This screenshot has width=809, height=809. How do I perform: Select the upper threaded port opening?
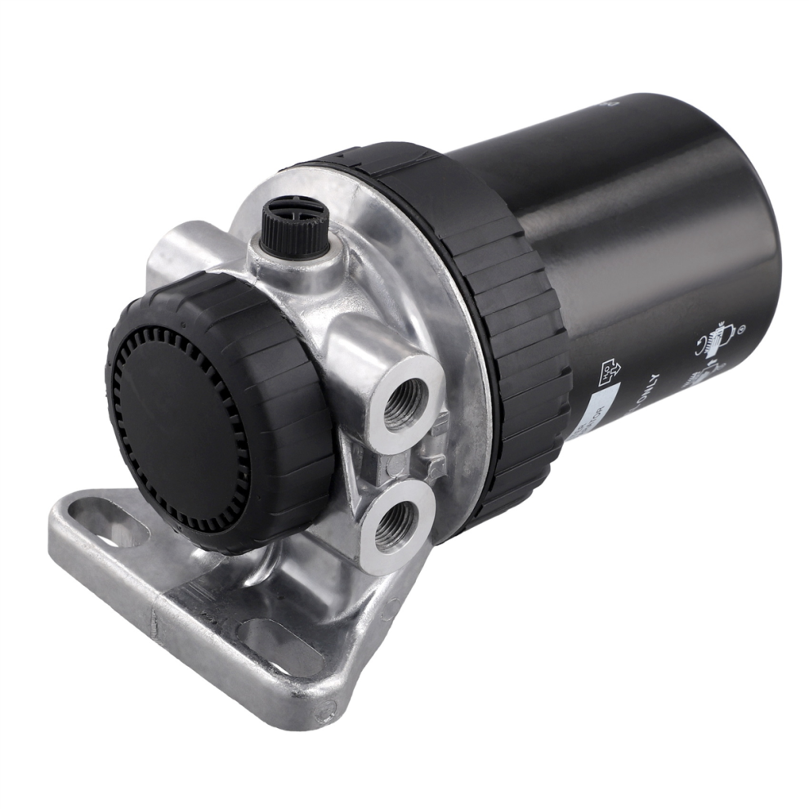click(402, 398)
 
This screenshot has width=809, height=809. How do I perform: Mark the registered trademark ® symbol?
click(743, 332)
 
